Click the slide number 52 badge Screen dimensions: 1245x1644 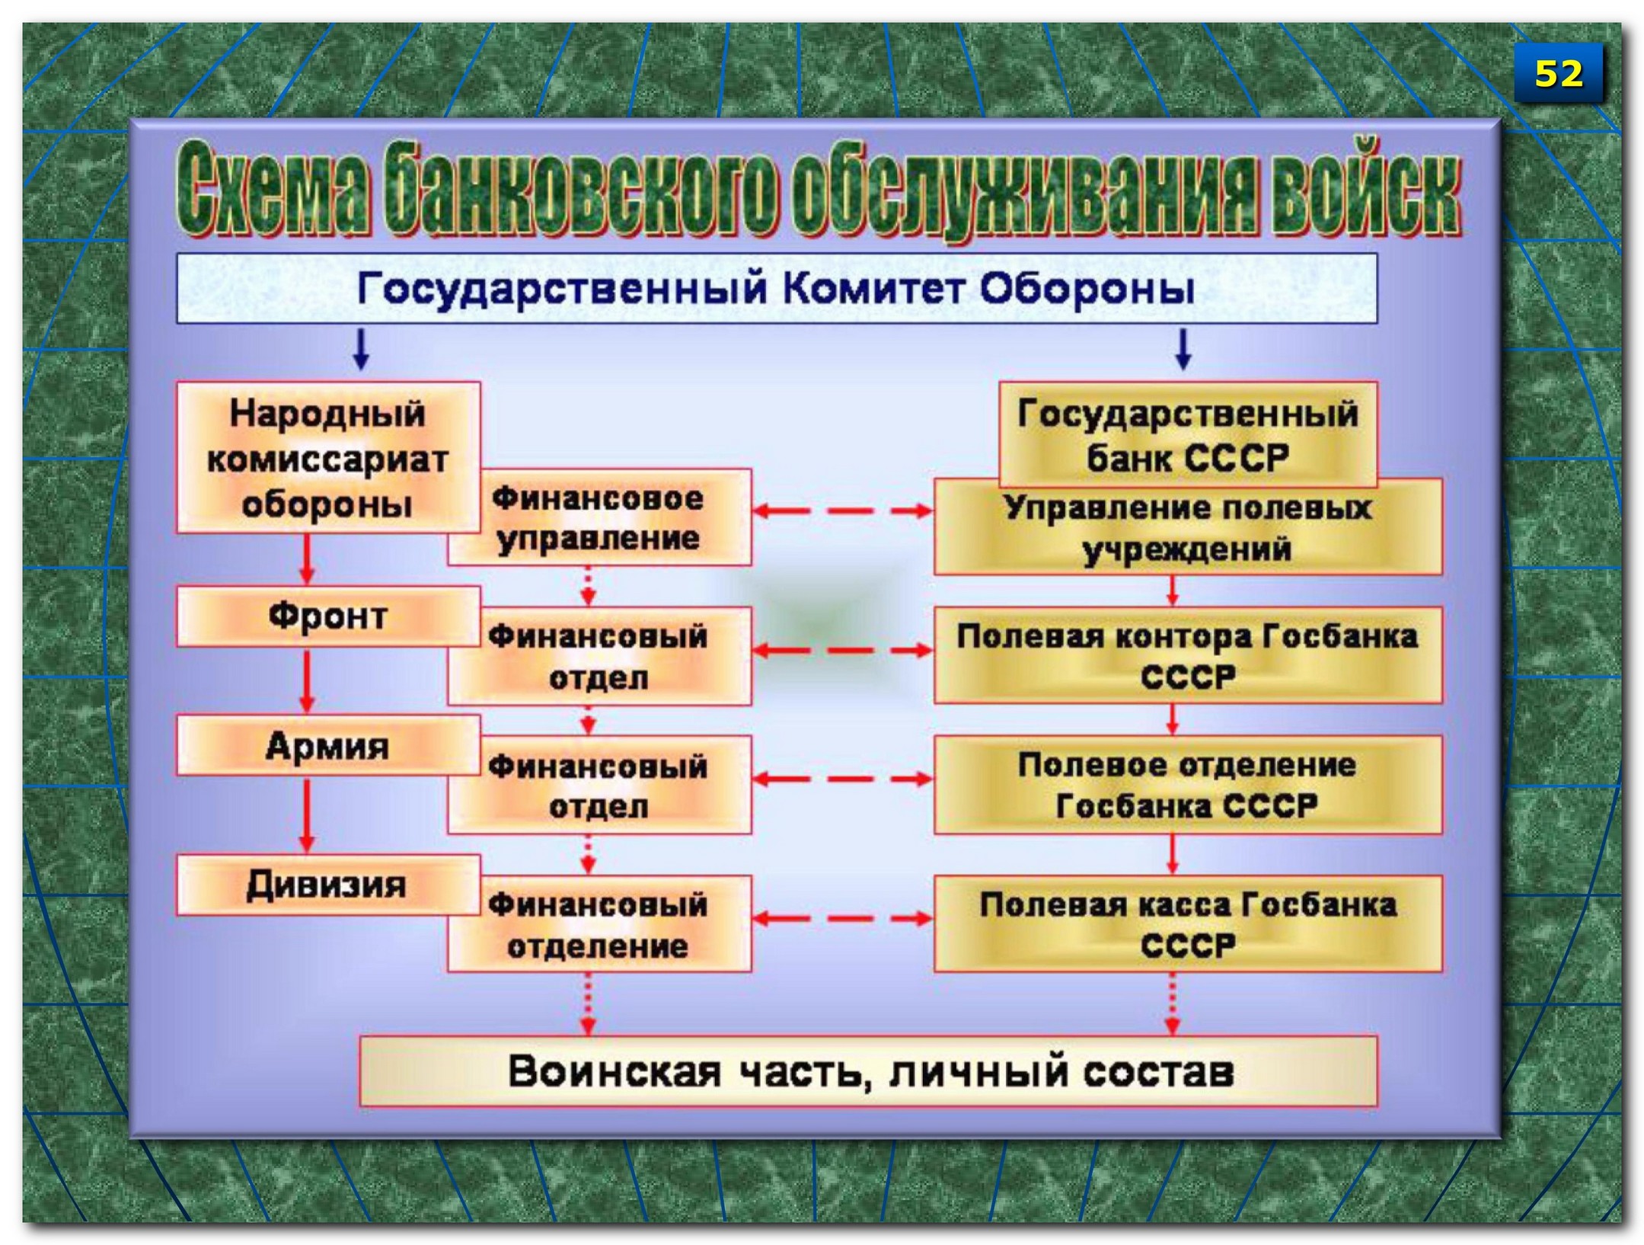[1558, 73]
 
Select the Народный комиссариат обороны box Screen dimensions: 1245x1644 [327, 457]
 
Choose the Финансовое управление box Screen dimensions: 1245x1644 [599, 518]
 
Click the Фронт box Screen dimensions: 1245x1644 [327, 616]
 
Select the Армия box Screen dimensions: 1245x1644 [327, 746]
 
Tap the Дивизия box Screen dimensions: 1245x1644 [327, 885]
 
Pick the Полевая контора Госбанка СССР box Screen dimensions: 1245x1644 [1188, 655]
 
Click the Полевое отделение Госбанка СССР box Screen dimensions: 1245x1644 [1188, 785]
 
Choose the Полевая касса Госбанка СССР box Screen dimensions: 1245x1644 [1188, 924]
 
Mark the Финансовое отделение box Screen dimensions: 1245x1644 [599, 924]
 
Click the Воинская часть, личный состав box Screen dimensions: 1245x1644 [868, 1071]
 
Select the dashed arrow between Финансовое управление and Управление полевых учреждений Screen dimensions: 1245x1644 [842, 510]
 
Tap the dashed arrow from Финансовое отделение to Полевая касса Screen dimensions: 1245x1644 [842, 918]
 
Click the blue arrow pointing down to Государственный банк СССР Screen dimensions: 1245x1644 [1183, 350]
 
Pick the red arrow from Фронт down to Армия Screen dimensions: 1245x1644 [307, 680]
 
